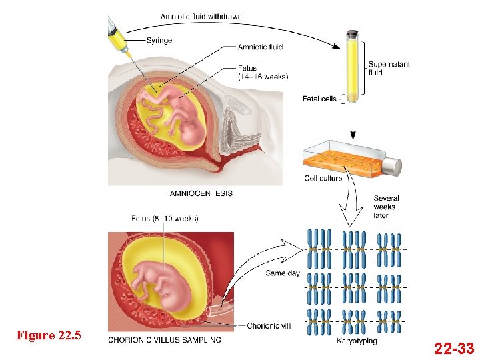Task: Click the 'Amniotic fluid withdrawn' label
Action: click(201, 17)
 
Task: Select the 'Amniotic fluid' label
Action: click(261, 47)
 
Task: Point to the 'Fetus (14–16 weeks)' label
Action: click(263, 72)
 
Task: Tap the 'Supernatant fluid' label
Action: click(389, 69)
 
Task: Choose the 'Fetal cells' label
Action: click(320, 99)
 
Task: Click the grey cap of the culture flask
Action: click(393, 166)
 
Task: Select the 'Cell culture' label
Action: click(323, 178)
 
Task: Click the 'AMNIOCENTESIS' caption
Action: click(201, 193)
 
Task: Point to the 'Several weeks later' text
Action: click(386, 207)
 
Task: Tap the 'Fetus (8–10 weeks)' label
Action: click(165, 219)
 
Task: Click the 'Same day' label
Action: click(283, 273)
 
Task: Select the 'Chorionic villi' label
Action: click(269, 326)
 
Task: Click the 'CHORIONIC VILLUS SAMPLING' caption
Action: click(165, 340)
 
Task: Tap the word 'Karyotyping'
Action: click(357, 341)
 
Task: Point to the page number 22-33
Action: click(454, 348)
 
